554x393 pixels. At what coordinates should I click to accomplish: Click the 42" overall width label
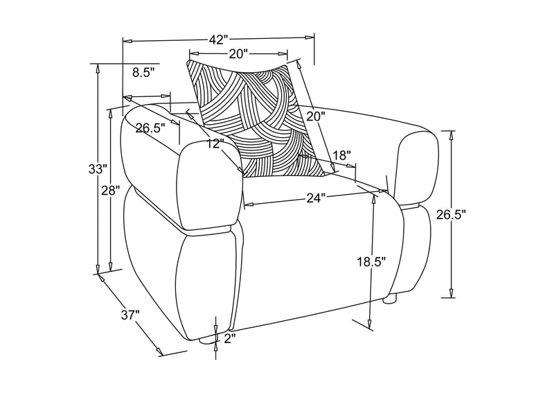tap(217, 40)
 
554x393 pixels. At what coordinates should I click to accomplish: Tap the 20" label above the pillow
tap(239, 54)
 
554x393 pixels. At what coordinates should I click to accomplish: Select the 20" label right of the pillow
tap(315, 116)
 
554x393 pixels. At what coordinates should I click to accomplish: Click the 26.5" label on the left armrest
tap(150, 128)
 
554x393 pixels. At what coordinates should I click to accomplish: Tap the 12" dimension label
tap(215, 143)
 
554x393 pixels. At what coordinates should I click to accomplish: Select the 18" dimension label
tap(341, 155)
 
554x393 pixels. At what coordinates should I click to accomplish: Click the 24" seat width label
tap(315, 198)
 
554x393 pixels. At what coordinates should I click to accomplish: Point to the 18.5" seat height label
tap(371, 262)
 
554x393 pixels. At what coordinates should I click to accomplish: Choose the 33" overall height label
tap(98, 168)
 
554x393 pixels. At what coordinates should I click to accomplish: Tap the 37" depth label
tap(131, 315)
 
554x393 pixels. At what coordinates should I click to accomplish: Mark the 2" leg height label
tap(229, 338)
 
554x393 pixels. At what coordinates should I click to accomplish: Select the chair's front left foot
tap(206, 340)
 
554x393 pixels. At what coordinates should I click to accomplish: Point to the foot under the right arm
tap(390, 299)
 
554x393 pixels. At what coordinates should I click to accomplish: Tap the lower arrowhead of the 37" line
tap(159, 351)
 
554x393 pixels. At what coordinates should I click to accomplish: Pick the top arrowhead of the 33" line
tap(98, 69)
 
